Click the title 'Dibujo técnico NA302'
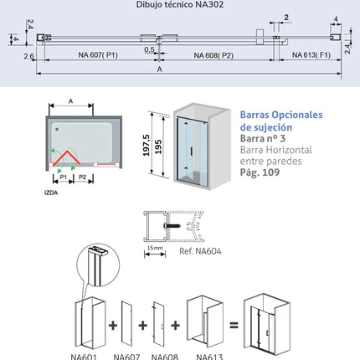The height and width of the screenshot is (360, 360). tap(180, 4)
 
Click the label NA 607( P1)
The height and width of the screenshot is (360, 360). tap(98, 54)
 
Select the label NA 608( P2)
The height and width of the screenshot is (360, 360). tap(213, 55)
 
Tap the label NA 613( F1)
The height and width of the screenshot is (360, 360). tap(311, 54)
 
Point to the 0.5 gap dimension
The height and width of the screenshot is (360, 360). tap(149, 49)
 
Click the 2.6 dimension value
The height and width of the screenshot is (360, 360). tap(28, 56)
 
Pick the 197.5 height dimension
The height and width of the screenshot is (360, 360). tap(147, 145)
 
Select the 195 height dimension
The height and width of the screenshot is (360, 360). tap(158, 147)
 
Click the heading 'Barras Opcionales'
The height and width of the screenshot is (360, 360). tap(281, 115)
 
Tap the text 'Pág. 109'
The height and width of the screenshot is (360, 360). tap(260, 172)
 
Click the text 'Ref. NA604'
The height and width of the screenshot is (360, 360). tap(200, 251)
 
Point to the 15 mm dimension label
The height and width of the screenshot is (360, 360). tap(155, 248)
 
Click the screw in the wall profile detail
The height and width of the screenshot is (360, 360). tap(172, 225)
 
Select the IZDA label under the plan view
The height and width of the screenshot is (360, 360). tap(51, 193)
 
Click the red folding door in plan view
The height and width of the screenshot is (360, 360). tap(66, 158)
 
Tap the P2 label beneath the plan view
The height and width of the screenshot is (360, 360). tap(83, 177)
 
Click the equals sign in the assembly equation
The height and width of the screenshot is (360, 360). tap(234, 325)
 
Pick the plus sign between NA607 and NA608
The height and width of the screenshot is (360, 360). tap(143, 325)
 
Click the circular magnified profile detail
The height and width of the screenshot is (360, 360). tap(98, 265)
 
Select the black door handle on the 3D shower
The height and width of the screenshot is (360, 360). tap(192, 151)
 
